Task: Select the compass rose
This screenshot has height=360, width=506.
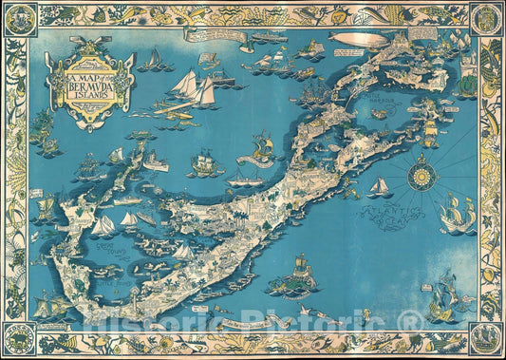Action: [x=421, y=177]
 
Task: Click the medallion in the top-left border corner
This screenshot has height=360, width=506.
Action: [x=18, y=18]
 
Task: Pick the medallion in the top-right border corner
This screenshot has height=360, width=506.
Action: [x=487, y=18]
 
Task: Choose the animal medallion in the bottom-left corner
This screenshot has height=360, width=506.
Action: [x=18, y=340]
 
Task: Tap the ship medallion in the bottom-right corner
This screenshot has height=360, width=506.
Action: [x=487, y=340]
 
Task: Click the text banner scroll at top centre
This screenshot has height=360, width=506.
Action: [x=216, y=35]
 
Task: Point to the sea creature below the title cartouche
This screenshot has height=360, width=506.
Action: [x=44, y=129]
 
